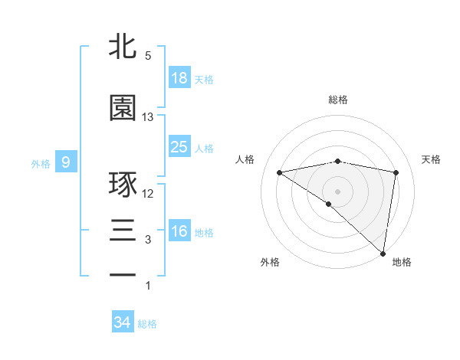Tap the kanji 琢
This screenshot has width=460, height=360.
click(123, 185)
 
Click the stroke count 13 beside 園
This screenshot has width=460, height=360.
click(148, 117)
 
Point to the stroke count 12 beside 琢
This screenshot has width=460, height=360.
click(148, 194)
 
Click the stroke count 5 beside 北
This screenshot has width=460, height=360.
click(148, 56)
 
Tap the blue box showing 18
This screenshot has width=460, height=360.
click(179, 77)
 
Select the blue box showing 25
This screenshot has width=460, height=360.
click(179, 146)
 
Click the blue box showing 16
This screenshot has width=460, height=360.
click(179, 231)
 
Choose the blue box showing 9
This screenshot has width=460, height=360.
click(67, 162)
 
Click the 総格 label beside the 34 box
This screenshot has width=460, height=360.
click(147, 324)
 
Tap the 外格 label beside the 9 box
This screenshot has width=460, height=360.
click(41, 163)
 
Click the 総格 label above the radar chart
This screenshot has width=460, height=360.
click(338, 100)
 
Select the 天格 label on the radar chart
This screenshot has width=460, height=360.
click(431, 159)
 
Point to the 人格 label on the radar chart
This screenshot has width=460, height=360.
click(245, 159)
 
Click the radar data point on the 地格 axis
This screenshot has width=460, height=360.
click(383, 253)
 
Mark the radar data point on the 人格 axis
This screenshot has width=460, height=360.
click(280, 172)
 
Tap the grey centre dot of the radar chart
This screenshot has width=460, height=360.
click(337, 191)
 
